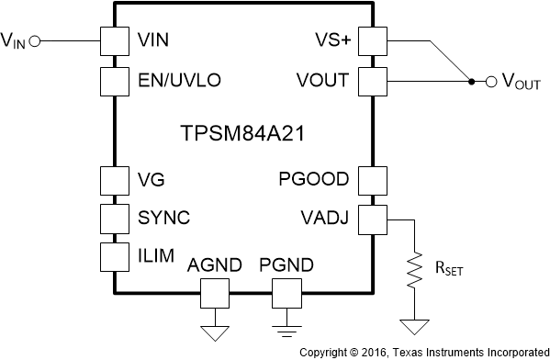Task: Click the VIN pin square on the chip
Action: (113, 40)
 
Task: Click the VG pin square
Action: (113, 179)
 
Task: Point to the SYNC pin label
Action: (163, 218)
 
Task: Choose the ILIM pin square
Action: (113, 256)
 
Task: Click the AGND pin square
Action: (215, 294)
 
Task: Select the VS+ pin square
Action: (372, 40)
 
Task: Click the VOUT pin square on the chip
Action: (372, 80)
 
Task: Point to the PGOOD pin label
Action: (314, 179)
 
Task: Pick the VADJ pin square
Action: (372, 218)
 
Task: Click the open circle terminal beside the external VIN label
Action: (35, 40)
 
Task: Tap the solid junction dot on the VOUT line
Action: (471, 81)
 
